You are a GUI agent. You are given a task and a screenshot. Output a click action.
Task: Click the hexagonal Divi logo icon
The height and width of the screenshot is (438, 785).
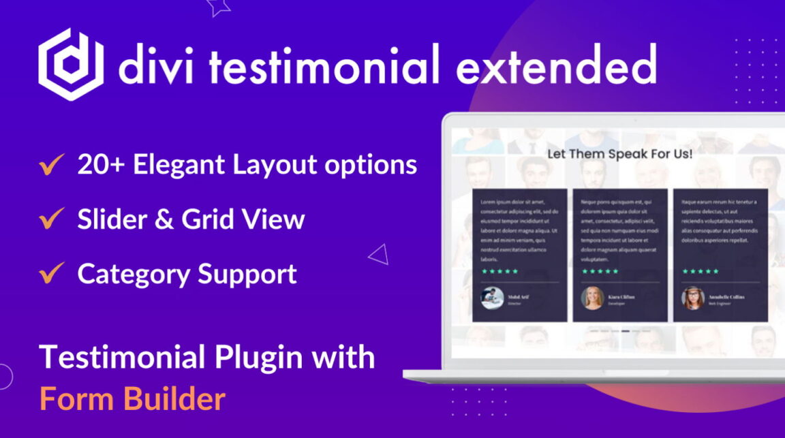(x=71, y=64)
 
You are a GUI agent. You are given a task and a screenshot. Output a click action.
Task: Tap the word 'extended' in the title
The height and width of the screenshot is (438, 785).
(x=555, y=66)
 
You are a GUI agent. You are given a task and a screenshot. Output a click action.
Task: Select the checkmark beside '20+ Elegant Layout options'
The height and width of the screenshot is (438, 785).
(x=52, y=165)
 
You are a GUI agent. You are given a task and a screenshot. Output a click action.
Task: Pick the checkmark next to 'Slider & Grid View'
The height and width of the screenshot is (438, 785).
(x=52, y=219)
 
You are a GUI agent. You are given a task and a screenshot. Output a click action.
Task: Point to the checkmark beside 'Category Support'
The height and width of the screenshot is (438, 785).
(x=52, y=274)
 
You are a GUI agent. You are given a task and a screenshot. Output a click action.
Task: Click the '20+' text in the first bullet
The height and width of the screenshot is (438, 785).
(x=101, y=165)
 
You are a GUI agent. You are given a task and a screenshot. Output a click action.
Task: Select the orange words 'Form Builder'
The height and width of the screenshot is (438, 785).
(x=132, y=398)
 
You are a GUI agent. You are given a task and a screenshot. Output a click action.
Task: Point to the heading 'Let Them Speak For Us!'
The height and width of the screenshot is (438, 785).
(x=620, y=154)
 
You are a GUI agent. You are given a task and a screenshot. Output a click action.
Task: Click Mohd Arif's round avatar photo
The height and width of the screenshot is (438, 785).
(x=492, y=298)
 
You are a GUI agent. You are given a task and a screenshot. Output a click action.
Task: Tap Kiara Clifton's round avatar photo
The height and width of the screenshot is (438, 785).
(x=592, y=298)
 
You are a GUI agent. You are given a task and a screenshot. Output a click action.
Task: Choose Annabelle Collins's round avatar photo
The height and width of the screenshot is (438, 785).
(x=692, y=298)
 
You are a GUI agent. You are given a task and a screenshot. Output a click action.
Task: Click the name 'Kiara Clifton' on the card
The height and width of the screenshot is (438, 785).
(x=621, y=296)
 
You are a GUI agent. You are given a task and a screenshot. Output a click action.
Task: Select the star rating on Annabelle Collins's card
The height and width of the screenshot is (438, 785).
(x=701, y=271)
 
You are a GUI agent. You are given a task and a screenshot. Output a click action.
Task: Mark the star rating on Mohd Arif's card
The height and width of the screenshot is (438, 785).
(x=500, y=271)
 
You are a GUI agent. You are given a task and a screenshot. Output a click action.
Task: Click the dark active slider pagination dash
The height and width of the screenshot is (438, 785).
(x=626, y=331)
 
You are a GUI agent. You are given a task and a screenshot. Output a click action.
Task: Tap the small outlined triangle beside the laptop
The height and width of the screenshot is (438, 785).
(x=378, y=255)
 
